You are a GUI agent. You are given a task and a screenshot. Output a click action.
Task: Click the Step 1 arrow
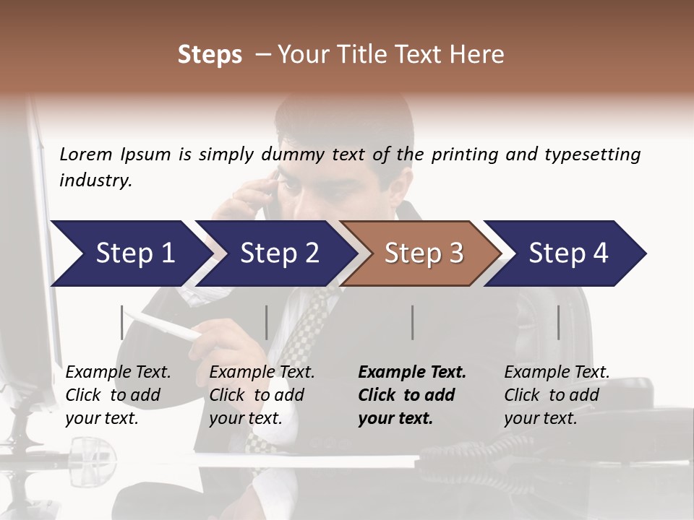[130, 253]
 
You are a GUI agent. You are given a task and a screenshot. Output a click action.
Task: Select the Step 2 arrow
[278, 253]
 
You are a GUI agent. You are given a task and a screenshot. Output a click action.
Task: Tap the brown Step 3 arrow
[423, 253]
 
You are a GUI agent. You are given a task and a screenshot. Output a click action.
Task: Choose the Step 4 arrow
[567, 253]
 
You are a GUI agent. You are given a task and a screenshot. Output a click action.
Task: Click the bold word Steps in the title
[210, 55]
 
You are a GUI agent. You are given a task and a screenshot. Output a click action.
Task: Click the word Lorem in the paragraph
[86, 155]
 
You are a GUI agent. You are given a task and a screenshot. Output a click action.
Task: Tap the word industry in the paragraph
[95, 181]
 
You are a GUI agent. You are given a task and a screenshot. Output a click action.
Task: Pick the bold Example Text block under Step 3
[412, 395]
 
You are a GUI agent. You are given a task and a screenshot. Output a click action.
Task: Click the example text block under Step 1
[118, 395]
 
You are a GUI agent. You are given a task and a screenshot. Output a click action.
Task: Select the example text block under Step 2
[262, 395]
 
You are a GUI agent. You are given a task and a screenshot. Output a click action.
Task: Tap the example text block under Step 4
[557, 395]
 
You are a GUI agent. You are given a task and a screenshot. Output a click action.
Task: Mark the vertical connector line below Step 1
[122, 322]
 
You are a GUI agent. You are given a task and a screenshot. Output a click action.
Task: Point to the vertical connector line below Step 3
[413, 322]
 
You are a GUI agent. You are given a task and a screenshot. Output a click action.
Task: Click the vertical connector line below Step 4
[559, 322]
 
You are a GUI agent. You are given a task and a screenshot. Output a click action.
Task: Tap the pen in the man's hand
[166, 325]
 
